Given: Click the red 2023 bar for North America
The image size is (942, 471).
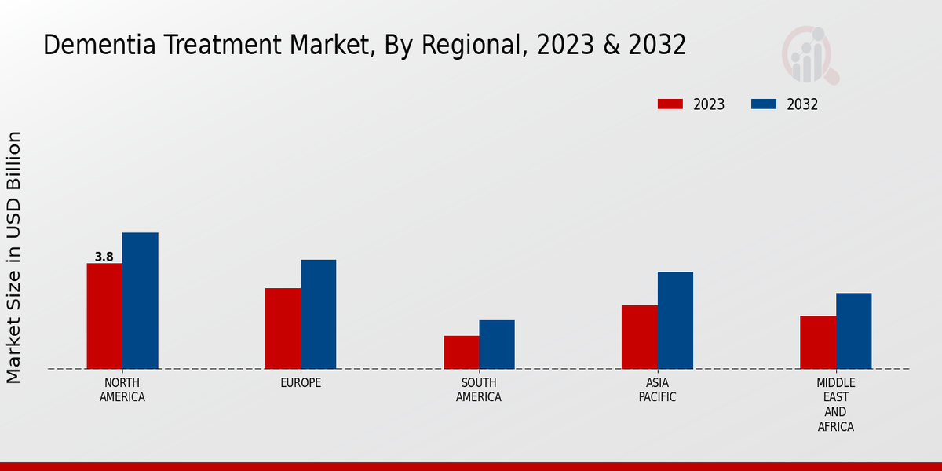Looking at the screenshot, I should [x=104, y=316].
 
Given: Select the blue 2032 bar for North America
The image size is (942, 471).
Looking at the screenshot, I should [x=140, y=301].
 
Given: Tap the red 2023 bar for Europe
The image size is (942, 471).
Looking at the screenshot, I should [x=283, y=328].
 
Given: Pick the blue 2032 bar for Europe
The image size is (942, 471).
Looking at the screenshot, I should [x=318, y=314].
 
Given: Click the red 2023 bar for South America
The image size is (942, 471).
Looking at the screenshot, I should [x=461, y=352].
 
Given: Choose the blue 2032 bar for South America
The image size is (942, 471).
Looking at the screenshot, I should [x=497, y=345].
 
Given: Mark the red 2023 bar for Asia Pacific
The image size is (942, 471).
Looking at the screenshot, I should [x=639, y=337].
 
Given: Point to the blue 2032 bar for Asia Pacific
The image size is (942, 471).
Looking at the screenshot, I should [x=675, y=320].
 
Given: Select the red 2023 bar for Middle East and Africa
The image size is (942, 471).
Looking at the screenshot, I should [x=818, y=342].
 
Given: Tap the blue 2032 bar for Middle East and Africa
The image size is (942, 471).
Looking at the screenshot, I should [x=853, y=330].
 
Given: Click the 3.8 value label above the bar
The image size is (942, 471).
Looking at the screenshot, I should [x=104, y=257].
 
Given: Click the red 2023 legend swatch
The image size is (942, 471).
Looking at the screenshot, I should [x=670, y=104].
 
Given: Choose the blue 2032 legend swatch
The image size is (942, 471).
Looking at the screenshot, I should [x=763, y=104].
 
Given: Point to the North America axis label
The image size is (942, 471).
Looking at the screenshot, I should [x=122, y=390].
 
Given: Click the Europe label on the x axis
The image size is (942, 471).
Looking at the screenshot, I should [x=301, y=383].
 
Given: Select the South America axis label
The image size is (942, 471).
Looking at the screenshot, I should [x=479, y=390].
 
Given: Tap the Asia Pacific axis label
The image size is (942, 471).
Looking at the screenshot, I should [x=657, y=390].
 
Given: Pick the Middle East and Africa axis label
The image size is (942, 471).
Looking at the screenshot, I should [x=835, y=404].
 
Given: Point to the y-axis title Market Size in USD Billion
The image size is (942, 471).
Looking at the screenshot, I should [x=14, y=257].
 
